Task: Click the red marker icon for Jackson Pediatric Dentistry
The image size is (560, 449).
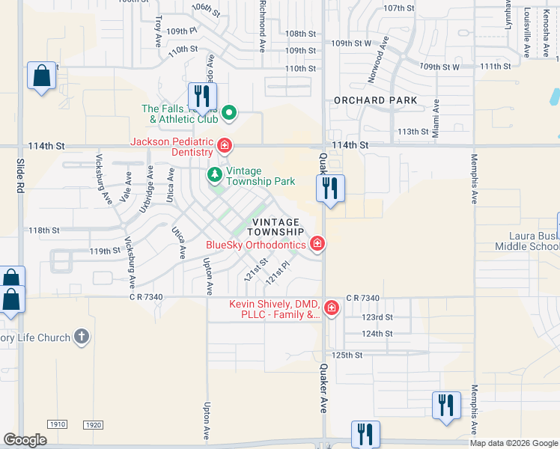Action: [224, 144]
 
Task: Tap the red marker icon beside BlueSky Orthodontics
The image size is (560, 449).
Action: [317, 243]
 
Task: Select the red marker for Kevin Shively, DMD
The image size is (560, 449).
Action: [331, 308]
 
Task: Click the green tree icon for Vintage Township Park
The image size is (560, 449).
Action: [215, 174]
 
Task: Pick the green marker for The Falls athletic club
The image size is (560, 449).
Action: [230, 114]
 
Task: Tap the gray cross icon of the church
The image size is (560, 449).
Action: [82, 337]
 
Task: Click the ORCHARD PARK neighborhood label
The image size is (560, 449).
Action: [376, 100]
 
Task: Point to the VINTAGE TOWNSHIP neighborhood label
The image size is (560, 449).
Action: [276, 227]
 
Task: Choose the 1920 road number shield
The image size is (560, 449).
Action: [93, 425]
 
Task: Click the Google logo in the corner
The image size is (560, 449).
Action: [25, 440]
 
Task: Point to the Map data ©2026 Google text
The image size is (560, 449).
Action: [514, 443]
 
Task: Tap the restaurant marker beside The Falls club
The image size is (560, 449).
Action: [201, 96]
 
